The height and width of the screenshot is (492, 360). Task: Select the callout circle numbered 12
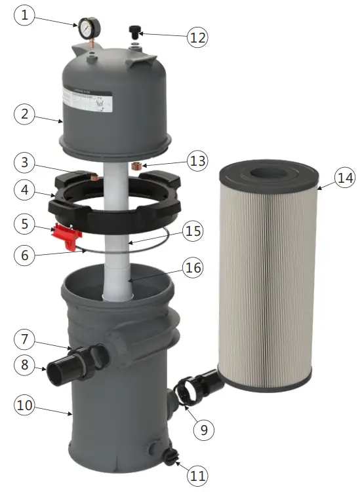click(197, 37)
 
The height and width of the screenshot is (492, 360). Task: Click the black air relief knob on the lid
click(134, 31)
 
